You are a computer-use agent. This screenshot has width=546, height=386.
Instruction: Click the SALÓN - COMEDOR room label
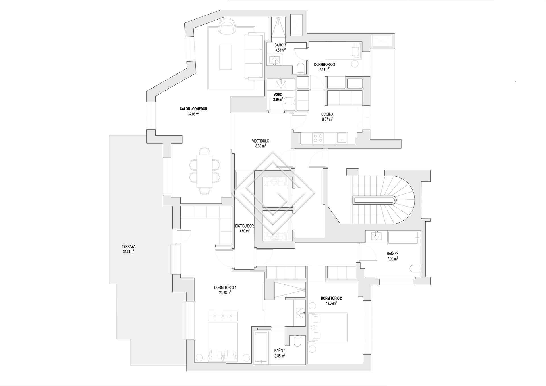coord(193,109)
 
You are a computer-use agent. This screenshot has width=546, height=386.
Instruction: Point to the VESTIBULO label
coord(260,141)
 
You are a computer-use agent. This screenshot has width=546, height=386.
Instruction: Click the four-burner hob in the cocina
coord(318,138)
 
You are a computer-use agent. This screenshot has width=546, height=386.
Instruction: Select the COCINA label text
coord(327,114)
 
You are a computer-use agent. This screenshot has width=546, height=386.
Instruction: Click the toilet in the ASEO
coord(289,101)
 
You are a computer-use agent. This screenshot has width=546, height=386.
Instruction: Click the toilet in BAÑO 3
coord(301,68)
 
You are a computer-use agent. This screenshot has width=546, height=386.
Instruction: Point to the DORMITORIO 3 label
coord(324,65)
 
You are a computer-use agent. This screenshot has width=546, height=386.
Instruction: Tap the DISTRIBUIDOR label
coord(244,226)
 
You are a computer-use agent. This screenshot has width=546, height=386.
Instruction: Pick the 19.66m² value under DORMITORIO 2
coord(331,303)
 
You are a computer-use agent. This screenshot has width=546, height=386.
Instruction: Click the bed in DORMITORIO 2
coord(330,327)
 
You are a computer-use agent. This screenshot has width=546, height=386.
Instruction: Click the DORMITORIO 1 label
coord(226,288)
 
